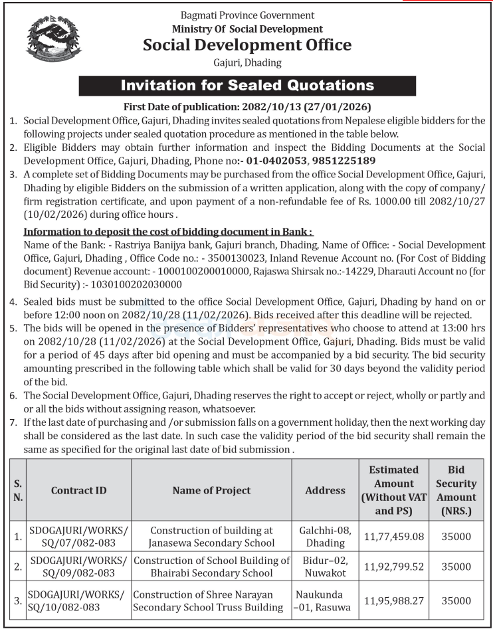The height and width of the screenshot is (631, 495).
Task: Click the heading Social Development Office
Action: click(247, 45)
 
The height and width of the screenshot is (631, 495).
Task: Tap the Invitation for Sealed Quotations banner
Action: click(247, 86)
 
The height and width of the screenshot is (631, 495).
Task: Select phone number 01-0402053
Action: click(277, 161)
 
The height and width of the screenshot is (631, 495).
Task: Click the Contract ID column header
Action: click(78, 490)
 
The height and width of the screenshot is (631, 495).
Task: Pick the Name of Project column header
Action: click(211, 490)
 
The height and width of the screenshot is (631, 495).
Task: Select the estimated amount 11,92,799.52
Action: click(393, 567)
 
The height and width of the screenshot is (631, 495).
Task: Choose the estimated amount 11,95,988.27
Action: click(393, 600)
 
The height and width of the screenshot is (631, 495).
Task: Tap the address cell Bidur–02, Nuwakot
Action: click(325, 567)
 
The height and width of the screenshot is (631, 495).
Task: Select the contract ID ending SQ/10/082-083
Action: click(78, 600)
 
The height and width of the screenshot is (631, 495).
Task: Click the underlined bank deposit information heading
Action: click(168, 232)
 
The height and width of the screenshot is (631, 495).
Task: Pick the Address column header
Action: click(325, 490)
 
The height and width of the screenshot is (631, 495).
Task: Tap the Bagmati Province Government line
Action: click(247, 15)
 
